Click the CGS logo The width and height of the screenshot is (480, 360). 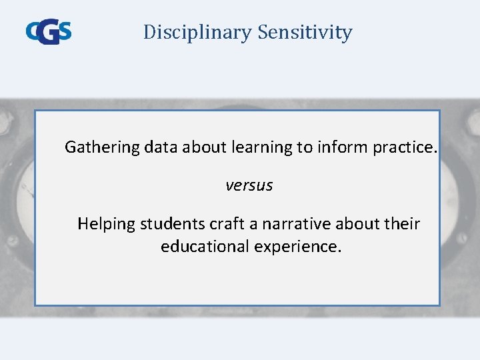tap(49, 31)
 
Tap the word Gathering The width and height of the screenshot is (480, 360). tap(101, 147)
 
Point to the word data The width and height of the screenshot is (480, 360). tap(159, 147)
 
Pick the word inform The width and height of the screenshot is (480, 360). tap(341, 147)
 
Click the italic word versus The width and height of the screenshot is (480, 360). tap(249, 186)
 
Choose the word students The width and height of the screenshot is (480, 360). tap(168, 224)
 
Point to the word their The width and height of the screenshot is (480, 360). tap(402, 224)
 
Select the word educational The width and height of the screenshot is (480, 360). tap(204, 247)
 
